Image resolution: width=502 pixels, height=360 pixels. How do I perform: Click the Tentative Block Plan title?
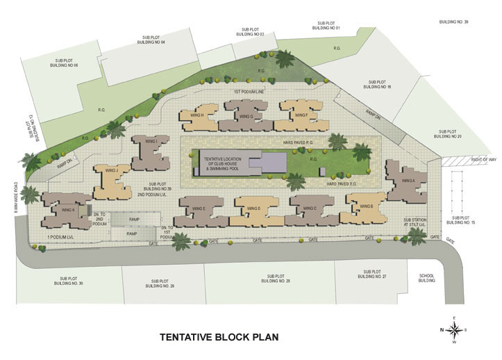pos(219,337)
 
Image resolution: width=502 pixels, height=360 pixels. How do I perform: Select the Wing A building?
pos(408,181)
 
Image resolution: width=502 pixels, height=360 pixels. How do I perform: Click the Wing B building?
pos(366,207)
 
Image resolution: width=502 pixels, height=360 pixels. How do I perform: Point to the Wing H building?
pos(197,116)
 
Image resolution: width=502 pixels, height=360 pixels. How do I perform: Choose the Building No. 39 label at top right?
pos(454,22)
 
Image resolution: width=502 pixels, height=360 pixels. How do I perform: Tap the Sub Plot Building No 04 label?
pos(153,40)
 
